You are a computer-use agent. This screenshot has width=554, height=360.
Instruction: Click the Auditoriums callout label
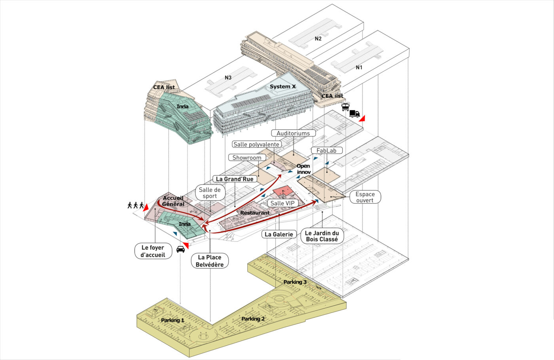(293, 133)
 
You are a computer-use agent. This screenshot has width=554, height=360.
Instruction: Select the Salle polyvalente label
(256, 144)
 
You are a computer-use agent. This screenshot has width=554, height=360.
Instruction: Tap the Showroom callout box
(247, 158)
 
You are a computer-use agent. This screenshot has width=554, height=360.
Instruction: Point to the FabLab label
(326, 150)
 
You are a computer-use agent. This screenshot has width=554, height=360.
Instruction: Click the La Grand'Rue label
(235, 179)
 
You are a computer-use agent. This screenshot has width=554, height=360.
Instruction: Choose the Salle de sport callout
(210, 193)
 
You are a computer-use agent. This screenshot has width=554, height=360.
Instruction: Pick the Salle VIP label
(283, 203)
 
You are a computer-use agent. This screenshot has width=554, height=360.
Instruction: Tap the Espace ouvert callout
(365, 197)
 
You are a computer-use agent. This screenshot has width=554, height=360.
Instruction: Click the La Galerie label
(279, 234)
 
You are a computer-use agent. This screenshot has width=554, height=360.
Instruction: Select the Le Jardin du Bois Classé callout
(322, 236)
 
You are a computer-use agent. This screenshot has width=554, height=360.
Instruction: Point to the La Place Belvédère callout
(209, 261)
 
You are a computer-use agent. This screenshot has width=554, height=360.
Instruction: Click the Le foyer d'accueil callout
(153, 251)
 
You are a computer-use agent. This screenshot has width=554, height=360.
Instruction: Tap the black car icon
(180, 249)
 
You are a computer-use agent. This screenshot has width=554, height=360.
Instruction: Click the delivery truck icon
(354, 114)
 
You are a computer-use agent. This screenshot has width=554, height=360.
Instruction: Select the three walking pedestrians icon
(135, 205)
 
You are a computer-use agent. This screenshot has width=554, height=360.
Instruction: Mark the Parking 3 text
(295, 282)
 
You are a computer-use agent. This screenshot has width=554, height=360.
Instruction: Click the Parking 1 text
(173, 320)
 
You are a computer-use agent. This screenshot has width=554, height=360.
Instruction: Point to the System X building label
(283, 86)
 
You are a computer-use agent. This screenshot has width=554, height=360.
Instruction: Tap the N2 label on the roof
(318, 38)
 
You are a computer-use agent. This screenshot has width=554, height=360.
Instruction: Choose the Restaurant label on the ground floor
(255, 213)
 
